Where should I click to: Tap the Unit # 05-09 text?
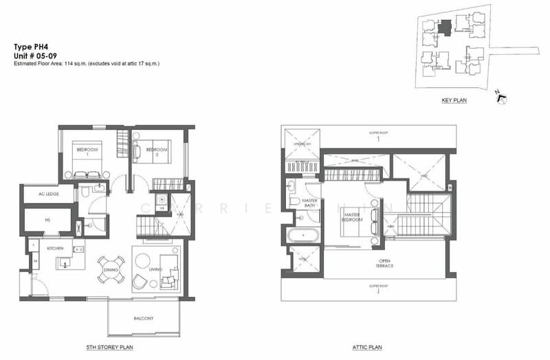pos(35,56)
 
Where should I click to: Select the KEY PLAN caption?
pos(454,100)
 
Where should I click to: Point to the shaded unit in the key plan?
pos(445,26)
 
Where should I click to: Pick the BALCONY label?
pos(144,318)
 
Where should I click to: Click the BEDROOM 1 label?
pos(87,152)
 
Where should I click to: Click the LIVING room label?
pos(155,269)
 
